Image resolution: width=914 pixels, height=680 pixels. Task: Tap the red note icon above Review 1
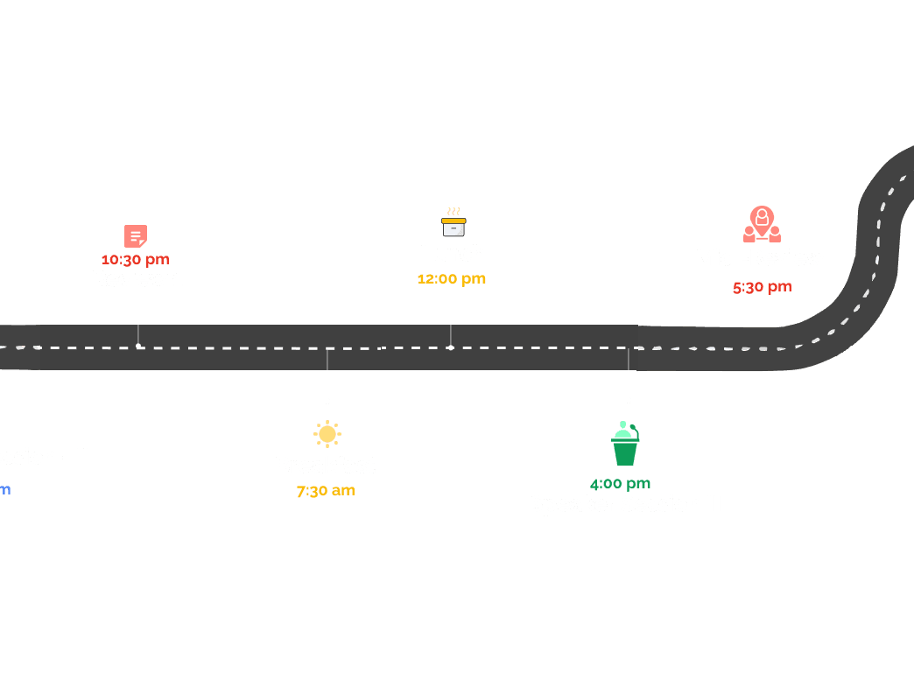click(x=135, y=236)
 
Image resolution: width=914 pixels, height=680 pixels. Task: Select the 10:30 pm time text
click(x=136, y=259)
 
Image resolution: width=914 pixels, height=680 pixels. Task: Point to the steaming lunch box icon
click(x=453, y=223)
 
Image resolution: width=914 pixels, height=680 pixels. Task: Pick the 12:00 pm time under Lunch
click(x=451, y=279)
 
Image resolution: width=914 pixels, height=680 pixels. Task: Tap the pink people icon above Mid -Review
click(x=762, y=224)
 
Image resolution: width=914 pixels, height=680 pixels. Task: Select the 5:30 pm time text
click(x=762, y=287)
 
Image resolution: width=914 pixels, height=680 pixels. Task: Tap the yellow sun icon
click(x=327, y=434)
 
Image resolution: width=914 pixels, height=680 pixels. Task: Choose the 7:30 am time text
click(x=326, y=491)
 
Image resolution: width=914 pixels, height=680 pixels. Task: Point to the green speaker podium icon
click(x=625, y=444)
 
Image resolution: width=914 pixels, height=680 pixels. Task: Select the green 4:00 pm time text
click(x=620, y=484)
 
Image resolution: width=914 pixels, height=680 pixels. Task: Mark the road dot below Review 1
click(x=138, y=347)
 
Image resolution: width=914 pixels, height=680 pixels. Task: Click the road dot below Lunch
click(x=451, y=347)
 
